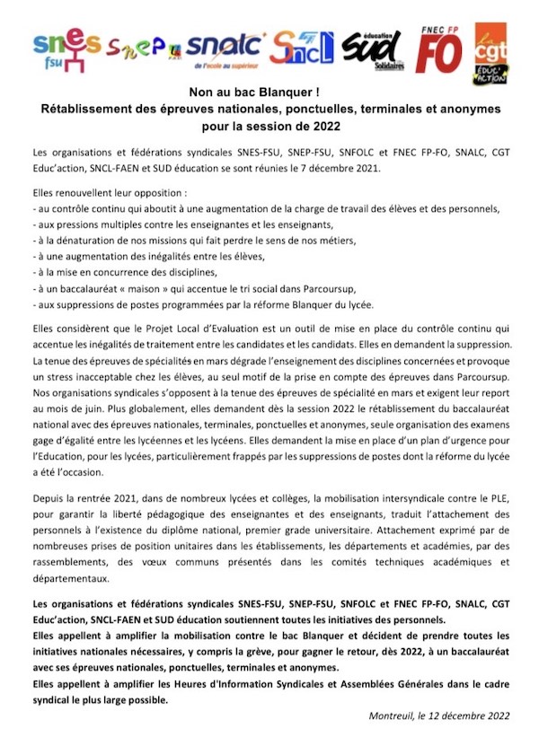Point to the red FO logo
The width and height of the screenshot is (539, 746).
pos(438,48)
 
